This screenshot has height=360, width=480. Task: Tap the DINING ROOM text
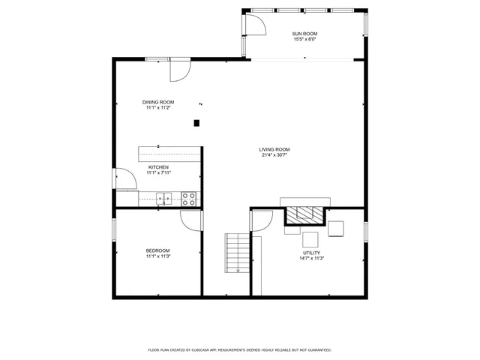158,102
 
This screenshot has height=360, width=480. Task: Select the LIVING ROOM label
275,149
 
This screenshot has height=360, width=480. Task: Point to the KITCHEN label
158,167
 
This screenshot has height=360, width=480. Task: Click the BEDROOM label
157,250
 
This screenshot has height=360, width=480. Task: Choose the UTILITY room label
311,253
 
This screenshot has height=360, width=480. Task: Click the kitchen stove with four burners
189,199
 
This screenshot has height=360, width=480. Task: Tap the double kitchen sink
164,199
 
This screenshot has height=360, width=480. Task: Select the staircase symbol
236,253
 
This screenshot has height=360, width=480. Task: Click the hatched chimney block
305,216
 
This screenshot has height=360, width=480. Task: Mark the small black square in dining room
197,122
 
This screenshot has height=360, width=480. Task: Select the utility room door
261,220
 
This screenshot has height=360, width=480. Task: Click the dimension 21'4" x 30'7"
275,155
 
